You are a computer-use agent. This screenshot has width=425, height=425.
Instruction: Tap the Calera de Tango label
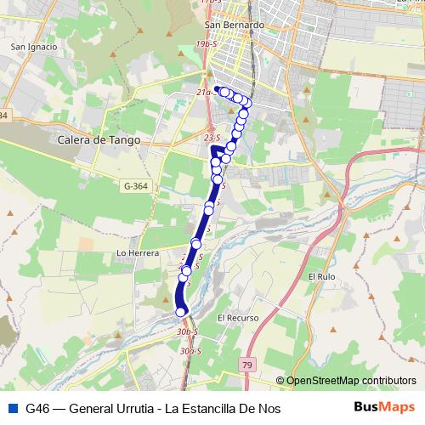pyautogui.click(x=99, y=139)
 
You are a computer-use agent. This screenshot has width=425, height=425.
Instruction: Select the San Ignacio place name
pyautogui.click(x=33, y=47)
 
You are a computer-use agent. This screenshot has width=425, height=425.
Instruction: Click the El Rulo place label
pyautogui.click(x=323, y=276)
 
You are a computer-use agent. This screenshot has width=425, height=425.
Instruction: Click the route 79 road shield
pyautogui.click(x=248, y=364)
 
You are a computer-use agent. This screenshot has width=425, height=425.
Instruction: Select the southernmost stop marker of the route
pyautogui.click(x=181, y=312)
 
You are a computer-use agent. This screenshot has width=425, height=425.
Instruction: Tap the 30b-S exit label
pyautogui.click(x=188, y=331)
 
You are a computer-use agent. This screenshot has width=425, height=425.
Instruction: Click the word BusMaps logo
pyautogui.click(x=384, y=407)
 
